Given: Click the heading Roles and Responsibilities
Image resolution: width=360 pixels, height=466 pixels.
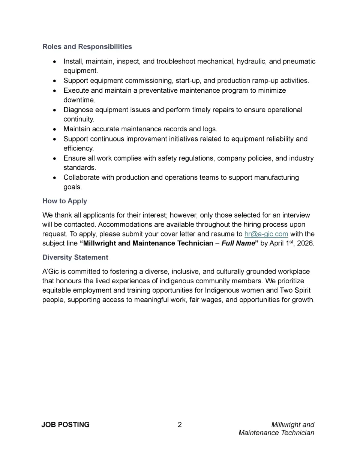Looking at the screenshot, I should point(87,47).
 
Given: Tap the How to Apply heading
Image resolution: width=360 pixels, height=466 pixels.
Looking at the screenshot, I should point(64,201).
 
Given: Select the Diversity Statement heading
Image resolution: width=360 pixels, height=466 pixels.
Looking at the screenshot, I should point(75,257).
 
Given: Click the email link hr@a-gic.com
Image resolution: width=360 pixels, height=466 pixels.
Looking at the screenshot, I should point(266,234).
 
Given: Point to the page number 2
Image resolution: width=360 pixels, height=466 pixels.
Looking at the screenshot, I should point(180,424).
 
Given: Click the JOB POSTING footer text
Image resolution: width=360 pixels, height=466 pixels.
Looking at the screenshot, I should point(65,424).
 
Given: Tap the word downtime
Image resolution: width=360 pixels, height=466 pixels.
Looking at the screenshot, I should point(79,100).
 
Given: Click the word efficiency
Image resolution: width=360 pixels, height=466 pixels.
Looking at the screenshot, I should point(78,148).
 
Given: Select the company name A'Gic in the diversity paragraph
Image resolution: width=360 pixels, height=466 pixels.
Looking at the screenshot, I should point(50,271).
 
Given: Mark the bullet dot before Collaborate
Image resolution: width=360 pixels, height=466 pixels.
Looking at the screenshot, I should point(55,177).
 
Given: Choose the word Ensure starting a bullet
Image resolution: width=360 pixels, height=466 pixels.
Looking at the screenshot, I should point(75,158).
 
